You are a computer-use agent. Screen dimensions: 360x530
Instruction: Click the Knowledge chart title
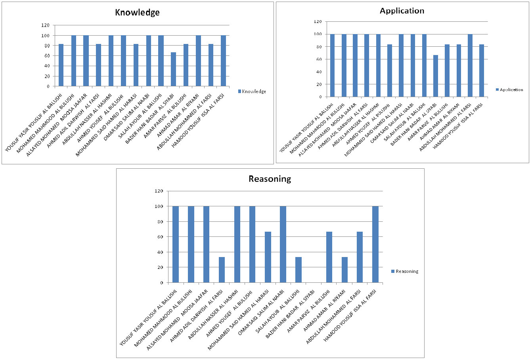[x=137, y=12]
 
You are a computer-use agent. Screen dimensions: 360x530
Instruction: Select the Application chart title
[x=402, y=11]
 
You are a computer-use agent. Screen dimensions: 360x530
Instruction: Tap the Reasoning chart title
[x=270, y=179]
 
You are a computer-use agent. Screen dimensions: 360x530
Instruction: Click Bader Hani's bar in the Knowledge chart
[x=173, y=69]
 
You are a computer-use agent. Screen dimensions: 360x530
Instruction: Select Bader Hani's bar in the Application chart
[x=435, y=76]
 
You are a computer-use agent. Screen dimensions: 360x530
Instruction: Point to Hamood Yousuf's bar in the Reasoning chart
[x=375, y=244]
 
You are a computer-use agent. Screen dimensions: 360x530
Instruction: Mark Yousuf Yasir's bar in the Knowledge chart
[x=61, y=65]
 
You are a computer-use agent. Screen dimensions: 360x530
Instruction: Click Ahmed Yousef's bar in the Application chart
[x=389, y=70]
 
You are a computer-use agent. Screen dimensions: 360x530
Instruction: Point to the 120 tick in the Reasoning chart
[x=159, y=191]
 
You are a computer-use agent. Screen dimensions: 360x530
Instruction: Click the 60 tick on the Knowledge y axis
[x=47, y=56]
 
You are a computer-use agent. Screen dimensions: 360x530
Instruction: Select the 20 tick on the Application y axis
[x=319, y=84]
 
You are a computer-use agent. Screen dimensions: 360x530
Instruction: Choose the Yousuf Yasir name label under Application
[x=306, y=128]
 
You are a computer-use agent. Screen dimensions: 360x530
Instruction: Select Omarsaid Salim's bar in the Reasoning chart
[x=283, y=244]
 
